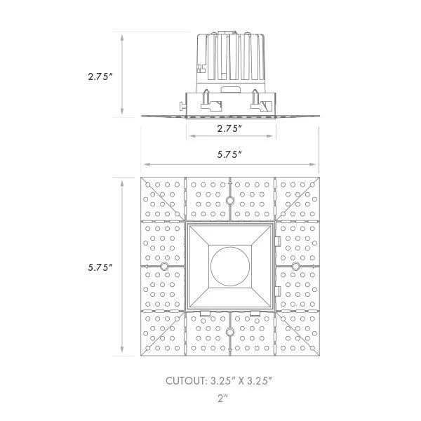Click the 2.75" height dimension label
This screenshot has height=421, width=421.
(x=100, y=76)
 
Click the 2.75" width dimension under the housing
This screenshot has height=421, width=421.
(x=229, y=128)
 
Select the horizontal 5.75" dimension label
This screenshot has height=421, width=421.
(x=229, y=154)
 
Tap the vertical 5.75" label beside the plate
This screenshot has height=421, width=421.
(x=100, y=267)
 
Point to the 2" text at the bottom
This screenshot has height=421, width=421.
(x=222, y=399)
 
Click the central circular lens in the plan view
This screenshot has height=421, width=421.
(x=230, y=266)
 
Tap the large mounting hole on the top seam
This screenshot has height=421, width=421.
(x=230, y=200)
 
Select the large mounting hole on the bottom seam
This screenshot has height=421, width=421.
(x=230, y=332)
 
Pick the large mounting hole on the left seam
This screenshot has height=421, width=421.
(x=163, y=267)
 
